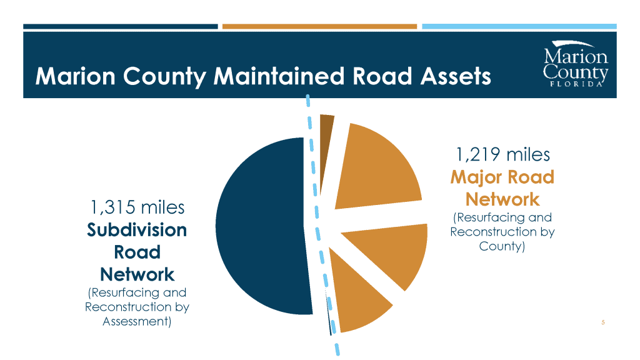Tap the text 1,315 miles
click(x=137, y=207)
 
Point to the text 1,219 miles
click(x=502, y=155)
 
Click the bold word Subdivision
click(x=137, y=230)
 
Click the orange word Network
click(x=502, y=199)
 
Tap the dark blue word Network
click(x=137, y=274)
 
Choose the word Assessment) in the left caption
click(x=137, y=321)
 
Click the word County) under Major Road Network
click(x=502, y=246)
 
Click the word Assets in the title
click(x=456, y=76)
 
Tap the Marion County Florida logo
click(x=576, y=64)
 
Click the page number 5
click(x=603, y=322)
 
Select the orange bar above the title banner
click(x=319, y=26)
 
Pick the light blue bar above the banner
click(x=519, y=26)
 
